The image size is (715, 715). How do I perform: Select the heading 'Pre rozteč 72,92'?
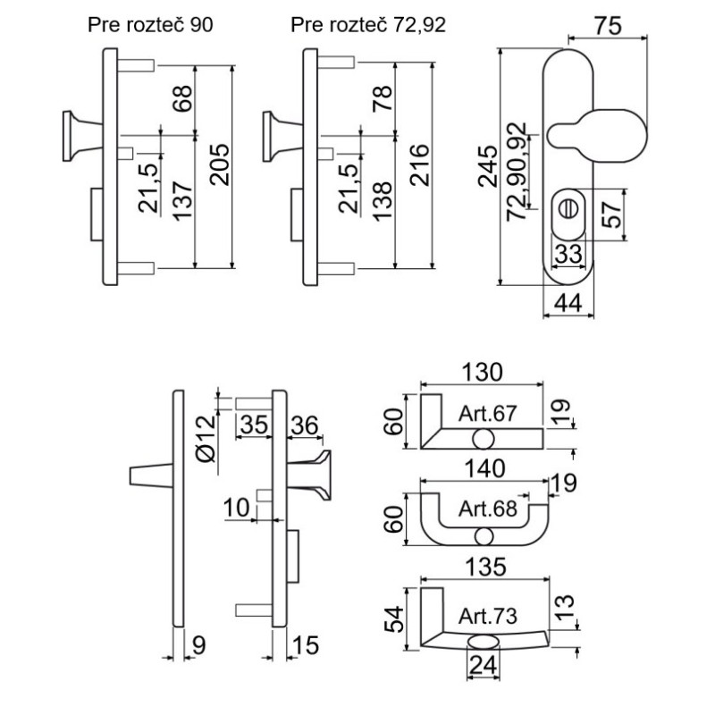[368, 24]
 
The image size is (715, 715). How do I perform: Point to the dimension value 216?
[413, 166]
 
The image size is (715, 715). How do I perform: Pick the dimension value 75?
[608, 24]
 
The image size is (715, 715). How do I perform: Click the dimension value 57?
[611, 214]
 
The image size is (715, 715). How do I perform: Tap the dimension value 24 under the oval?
[483, 664]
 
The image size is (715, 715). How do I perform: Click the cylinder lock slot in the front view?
[566, 206]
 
